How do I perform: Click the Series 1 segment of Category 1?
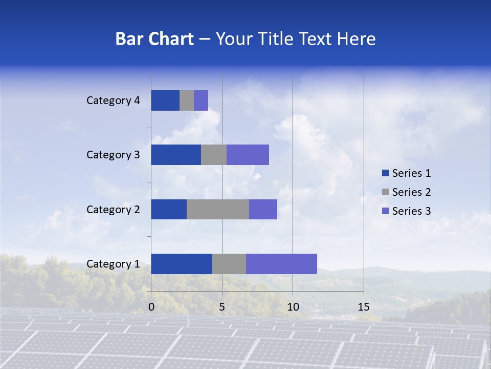182,264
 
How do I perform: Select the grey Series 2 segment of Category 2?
218,209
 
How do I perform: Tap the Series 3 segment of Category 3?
248,155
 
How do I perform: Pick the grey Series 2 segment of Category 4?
187,100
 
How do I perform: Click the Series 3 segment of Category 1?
281,264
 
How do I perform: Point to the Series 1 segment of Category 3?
176,155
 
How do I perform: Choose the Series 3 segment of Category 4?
201,100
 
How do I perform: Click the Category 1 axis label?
113,264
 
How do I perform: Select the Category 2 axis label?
113,209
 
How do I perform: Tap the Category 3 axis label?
113,155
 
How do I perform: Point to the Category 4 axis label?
113,100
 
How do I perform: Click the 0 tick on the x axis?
151,307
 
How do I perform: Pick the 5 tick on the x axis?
222,307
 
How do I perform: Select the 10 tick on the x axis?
293,307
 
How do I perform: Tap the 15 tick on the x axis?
364,307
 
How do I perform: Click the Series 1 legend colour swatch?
385,173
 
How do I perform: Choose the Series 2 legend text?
411,192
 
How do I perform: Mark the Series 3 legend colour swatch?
385,211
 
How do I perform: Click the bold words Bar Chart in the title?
154,39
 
